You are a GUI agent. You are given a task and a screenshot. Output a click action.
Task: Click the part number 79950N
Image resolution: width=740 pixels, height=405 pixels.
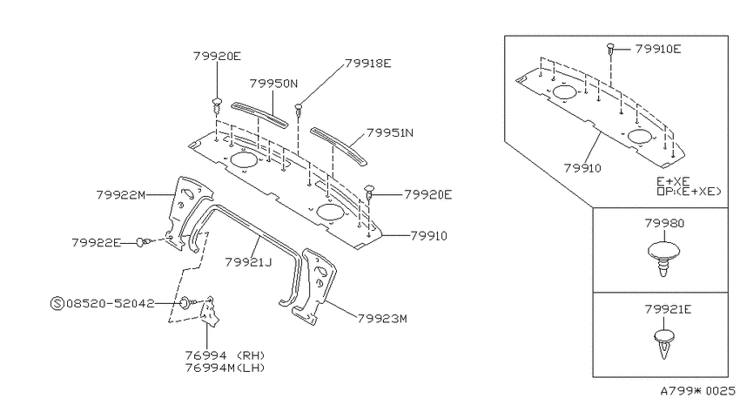273,84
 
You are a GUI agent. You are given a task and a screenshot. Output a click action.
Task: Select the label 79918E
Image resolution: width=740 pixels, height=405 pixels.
368,64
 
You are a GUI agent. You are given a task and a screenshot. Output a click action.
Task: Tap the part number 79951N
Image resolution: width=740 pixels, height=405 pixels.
390,132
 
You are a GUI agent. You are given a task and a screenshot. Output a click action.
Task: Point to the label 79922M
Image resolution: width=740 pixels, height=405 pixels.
121,195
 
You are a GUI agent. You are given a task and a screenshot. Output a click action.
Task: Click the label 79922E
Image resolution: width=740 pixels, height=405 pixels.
97,243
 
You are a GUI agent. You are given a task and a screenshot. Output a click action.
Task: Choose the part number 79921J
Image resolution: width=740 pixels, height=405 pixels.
248,262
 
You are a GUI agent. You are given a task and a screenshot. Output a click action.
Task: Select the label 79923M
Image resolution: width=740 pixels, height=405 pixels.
382,319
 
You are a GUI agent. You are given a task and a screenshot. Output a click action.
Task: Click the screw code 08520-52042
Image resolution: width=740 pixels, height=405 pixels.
111,303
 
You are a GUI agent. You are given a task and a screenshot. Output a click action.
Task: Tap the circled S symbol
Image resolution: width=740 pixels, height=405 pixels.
57,303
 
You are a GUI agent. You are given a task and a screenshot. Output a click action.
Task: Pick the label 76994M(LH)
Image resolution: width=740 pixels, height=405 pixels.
225,368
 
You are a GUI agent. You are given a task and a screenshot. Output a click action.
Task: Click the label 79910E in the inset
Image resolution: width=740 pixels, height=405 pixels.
658,49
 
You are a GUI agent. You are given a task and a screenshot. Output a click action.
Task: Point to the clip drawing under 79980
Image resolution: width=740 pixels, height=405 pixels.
663,258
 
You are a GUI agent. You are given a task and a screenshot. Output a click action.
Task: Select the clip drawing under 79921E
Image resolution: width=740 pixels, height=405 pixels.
664,344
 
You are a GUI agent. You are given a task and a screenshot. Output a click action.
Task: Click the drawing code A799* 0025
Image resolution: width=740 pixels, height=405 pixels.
697,391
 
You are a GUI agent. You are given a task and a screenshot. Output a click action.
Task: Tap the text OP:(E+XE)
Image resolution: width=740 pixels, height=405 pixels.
689,192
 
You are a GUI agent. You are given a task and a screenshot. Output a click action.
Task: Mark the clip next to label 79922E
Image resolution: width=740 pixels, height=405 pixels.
145,242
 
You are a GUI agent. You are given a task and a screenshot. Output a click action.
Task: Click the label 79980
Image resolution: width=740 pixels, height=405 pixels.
664,223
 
